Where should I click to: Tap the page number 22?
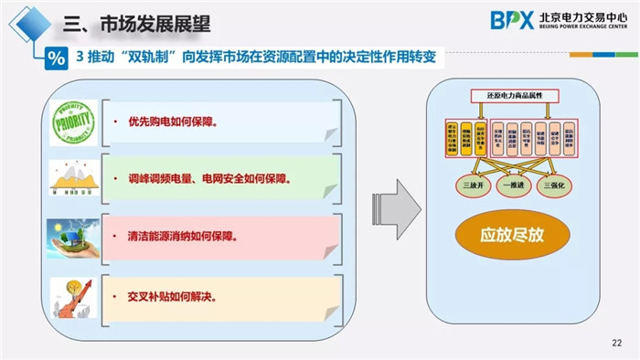point(616,344)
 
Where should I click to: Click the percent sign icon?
point(56,58)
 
